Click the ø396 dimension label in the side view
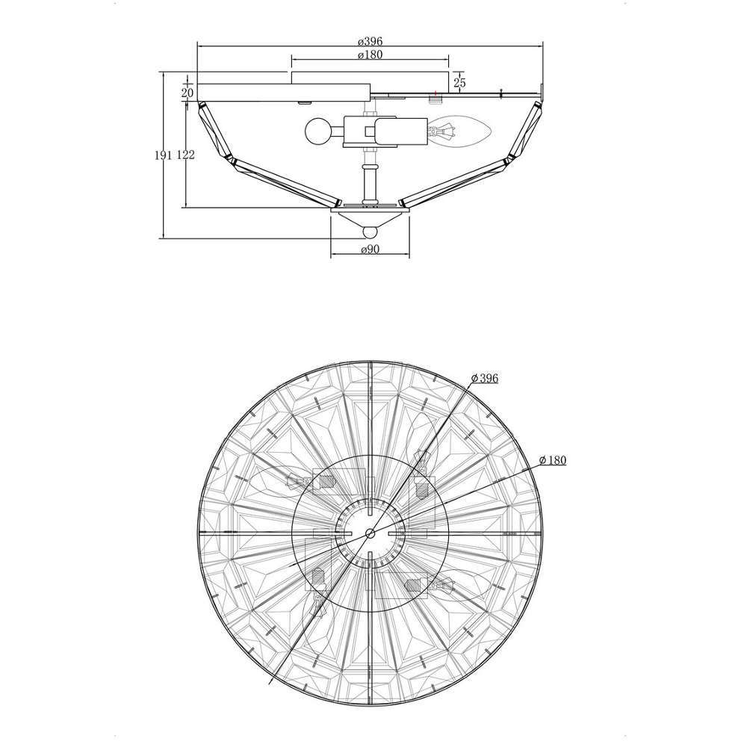point(370,41)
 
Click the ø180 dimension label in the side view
point(370,55)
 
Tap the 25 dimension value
point(459,83)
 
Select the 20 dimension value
point(187,93)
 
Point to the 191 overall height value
point(164,155)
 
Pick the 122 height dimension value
point(186,155)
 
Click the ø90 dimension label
point(371,249)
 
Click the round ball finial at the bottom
point(371,232)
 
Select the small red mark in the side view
point(435,92)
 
